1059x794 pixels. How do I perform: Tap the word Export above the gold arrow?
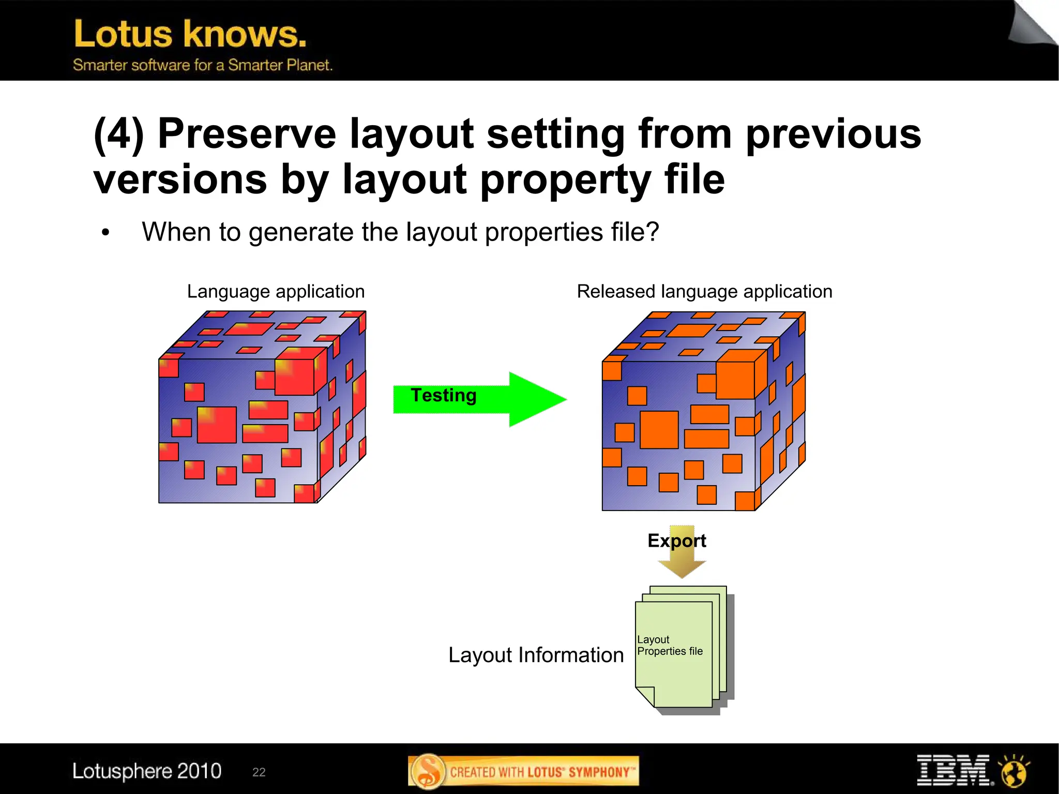676,541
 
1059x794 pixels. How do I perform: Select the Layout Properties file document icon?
677,652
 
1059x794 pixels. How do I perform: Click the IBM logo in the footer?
954,770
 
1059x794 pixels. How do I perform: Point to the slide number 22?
259,772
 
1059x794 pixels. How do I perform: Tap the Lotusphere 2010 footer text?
147,771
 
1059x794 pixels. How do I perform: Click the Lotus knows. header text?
190,34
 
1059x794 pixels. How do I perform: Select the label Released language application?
704,291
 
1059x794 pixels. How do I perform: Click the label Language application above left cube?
276,291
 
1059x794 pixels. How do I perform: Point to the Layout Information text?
536,655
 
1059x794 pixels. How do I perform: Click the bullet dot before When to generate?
106,233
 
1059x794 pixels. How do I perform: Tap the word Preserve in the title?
247,133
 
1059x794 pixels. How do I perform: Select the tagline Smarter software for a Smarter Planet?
203,65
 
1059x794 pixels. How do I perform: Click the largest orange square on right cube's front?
659,429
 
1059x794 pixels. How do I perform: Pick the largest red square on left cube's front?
217,425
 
